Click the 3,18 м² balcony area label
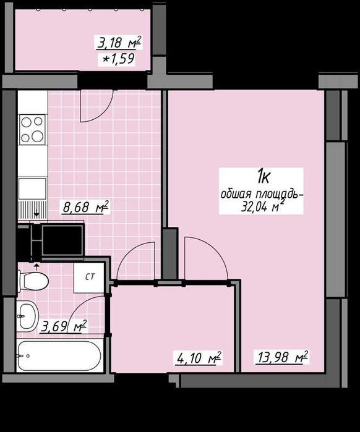click(x=119, y=43)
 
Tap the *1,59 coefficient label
click(x=118, y=59)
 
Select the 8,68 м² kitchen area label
click(x=86, y=207)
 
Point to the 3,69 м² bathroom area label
click(x=64, y=326)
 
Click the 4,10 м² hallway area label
click(x=198, y=358)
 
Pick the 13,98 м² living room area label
click(x=282, y=357)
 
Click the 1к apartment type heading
click(x=264, y=177)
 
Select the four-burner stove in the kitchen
click(x=32, y=130)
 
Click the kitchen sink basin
click(x=32, y=188)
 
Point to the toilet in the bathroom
click(x=33, y=281)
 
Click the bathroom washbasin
click(x=27, y=316)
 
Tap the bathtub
click(x=59, y=356)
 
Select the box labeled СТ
click(x=89, y=277)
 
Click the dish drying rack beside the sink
click(x=32, y=210)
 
